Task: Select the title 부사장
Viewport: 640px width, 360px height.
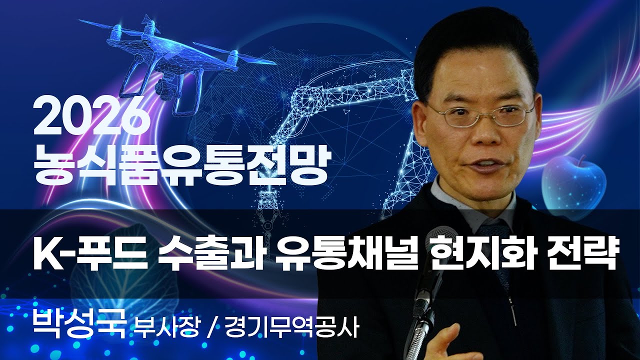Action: [x=167, y=327]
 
